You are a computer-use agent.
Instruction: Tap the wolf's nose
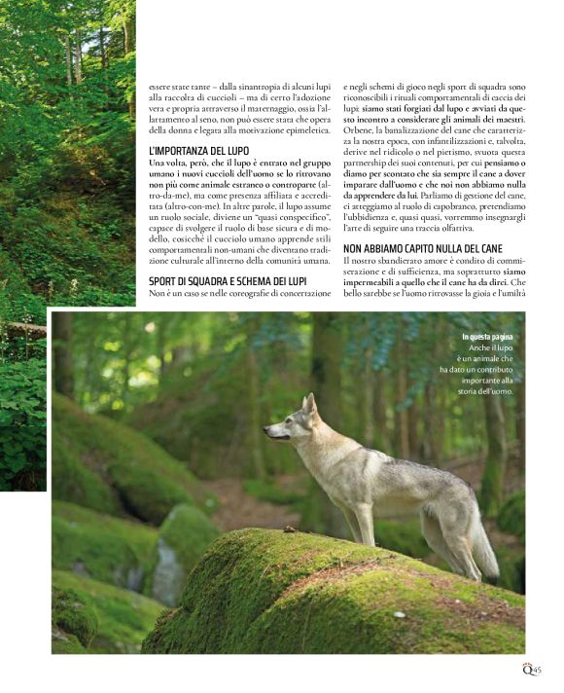click(265, 431)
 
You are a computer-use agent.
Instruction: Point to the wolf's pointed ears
click(309, 402)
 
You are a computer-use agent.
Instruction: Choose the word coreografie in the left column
click(248, 293)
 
